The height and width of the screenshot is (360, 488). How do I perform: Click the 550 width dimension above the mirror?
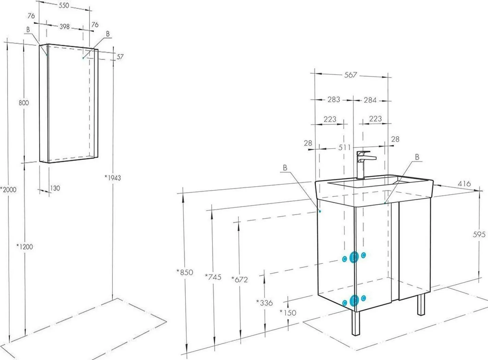tap(64, 5)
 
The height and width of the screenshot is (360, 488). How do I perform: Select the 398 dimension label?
tap(65, 27)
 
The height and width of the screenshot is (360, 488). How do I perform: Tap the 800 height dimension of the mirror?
tap(24, 103)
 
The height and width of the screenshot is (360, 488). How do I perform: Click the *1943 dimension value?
tap(113, 178)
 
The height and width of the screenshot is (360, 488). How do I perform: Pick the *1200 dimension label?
tap(25, 247)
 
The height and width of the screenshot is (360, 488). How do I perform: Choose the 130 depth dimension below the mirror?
tap(55, 188)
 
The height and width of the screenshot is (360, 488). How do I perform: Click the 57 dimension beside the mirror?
tap(120, 57)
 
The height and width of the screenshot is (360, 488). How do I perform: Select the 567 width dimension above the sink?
tap(350, 75)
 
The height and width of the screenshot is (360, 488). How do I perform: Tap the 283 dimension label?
tap(334, 100)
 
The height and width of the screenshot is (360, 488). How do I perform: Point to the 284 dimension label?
tap(370, 100)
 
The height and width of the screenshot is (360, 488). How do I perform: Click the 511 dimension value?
tap(344, 147)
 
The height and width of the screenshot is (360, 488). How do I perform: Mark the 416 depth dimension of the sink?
tap(464, 184)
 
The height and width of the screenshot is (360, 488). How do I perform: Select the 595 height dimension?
tap(479, 235)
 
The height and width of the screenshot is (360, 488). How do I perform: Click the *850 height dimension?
tap(185, 272)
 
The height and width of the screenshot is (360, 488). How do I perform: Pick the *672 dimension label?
tap(240, 280)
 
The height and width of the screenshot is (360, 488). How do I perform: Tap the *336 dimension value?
tap(265, 303)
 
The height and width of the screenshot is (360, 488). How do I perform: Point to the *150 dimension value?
tap(288, 312)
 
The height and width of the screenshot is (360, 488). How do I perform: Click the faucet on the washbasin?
tap(364, 164)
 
